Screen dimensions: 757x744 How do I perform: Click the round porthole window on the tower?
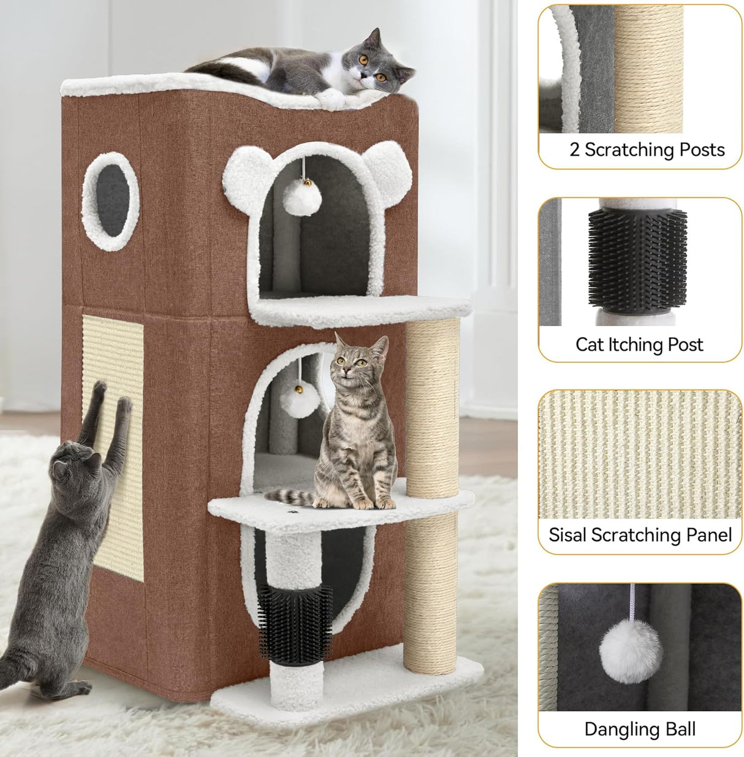click(x=110, y=202)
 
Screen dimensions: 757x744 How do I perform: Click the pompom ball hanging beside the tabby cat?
click(x=300, y=403)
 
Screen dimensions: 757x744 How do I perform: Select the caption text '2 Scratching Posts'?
click(x=647, y=150)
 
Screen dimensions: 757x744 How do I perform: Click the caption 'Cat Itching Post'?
click(x=639, y=344)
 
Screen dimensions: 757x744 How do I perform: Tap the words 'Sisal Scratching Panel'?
click(x=640, y=534)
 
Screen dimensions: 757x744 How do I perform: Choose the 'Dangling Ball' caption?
click(x=640, y=729)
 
